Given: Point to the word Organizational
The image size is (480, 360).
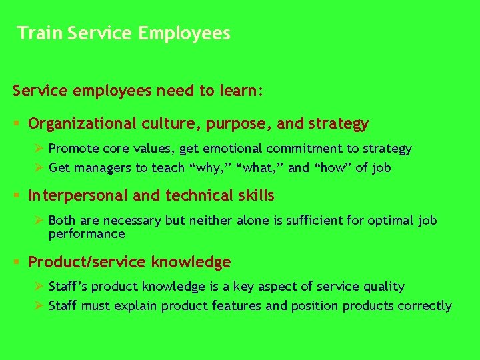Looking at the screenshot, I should [83, 124].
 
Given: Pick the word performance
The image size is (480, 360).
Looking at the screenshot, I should [87, 234].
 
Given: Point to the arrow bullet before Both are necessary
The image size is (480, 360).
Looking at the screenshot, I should [39, 220].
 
